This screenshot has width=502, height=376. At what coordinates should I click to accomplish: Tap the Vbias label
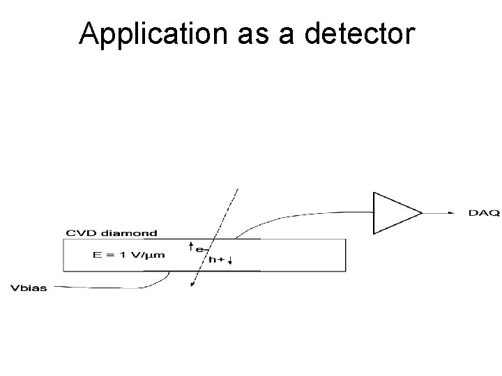(29, 288)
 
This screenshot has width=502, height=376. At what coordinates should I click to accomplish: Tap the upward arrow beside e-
(192, 246)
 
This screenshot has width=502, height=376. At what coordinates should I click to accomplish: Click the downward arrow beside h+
(229, 261)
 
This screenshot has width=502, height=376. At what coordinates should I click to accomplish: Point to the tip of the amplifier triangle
(422, 212)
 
